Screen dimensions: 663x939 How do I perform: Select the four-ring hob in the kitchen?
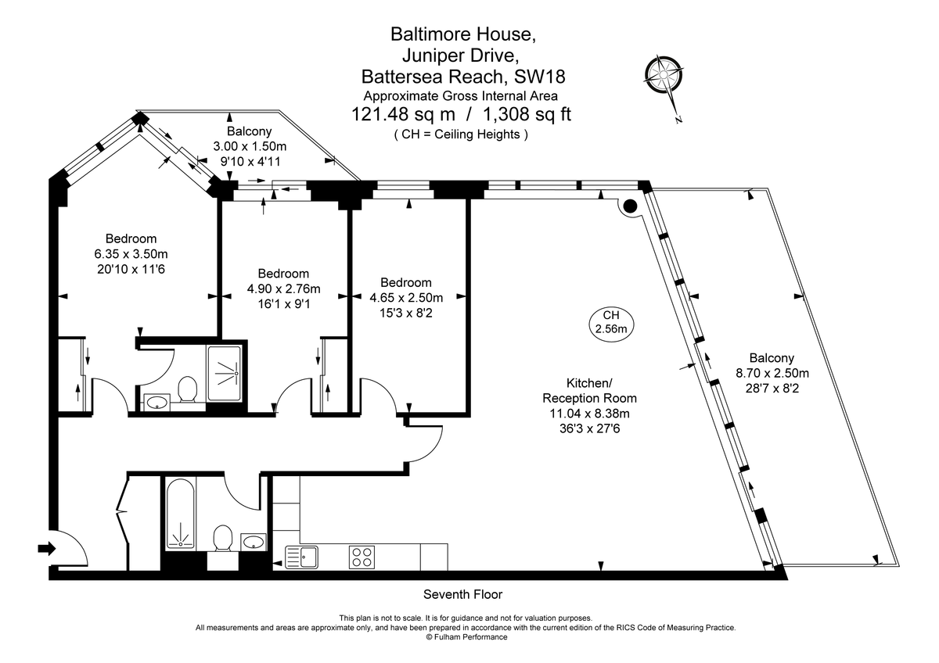point(362,557)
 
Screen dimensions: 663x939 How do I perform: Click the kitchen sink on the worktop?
point(302,557)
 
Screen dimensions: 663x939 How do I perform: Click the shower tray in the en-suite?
point(227,374)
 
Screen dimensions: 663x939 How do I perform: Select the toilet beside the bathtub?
point(222,539)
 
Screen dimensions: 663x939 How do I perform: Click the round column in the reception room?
point(629,206)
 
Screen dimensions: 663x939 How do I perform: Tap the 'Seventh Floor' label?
point(463,594)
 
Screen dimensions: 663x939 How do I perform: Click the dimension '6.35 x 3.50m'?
point(131,253)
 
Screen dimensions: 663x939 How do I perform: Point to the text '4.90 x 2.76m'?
point(283,289)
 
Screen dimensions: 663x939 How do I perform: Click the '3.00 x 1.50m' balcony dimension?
point(250,146)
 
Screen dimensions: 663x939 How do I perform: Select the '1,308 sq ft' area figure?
point(528,115)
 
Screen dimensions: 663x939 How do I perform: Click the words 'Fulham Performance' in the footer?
point(470,637)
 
